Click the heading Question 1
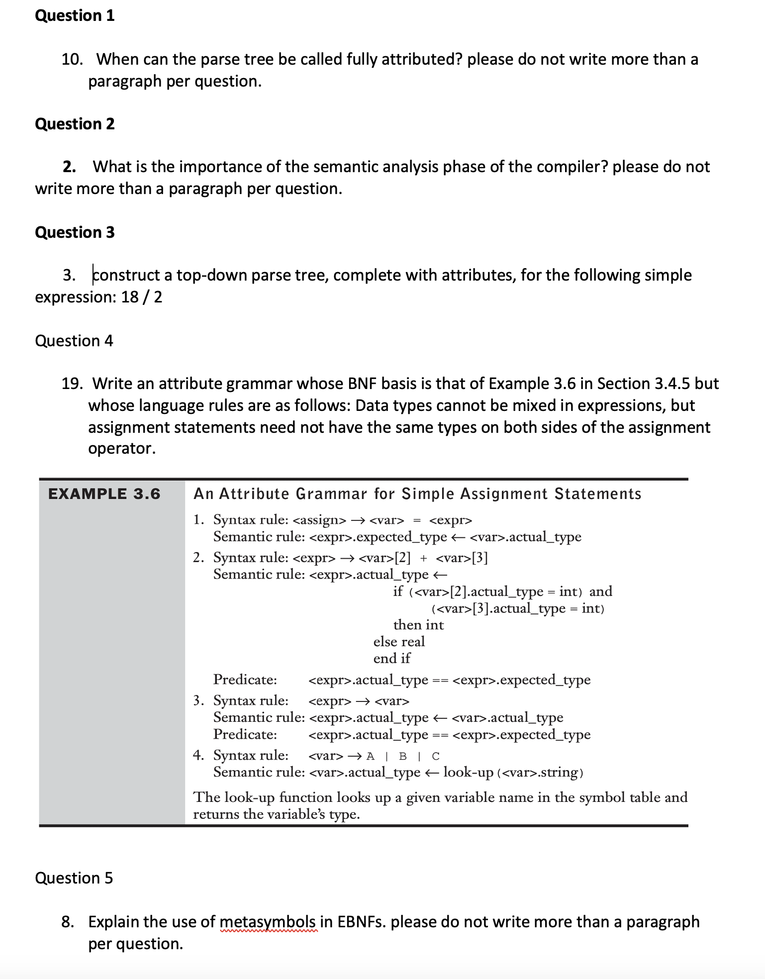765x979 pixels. click(x=75, y=16)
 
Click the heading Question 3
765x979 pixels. click(x=75, y=232)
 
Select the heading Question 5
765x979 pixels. click(x=74, y=878)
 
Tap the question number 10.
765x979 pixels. click(x=72, y=60)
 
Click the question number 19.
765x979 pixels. click(x=72, y=384)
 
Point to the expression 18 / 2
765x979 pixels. click(x=142, y=297)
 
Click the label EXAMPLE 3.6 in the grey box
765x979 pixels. click(x=104, y=493)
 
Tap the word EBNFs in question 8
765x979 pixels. click(x=362, y=922)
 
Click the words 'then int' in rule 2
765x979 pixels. click(x=418, y=625)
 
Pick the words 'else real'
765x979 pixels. click(x=399, y=642)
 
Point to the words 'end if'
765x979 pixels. click(x=392, y=659)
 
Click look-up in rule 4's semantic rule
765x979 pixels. click(x=468, y=772)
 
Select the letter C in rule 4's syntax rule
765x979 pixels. click(x=436, y=756)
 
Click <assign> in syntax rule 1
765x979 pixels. click(x=320, y=520)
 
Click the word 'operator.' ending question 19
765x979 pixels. click(x=122, y=448)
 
